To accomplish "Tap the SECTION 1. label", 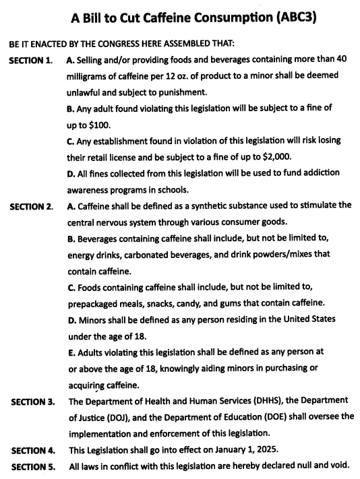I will point(30,61).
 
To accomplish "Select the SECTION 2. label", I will point(30,206).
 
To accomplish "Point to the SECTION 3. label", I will point(31,403).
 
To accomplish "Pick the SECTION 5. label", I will point(31,466).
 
